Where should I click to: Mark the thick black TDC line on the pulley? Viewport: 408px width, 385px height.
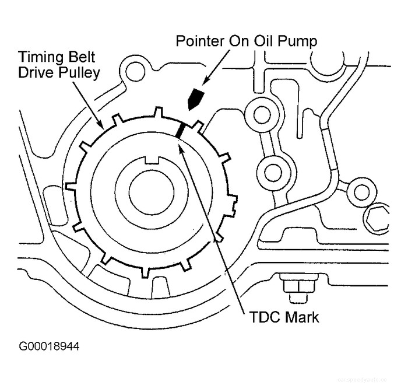(x=180, y=130)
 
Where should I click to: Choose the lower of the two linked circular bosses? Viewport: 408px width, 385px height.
(x=273, y=171)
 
